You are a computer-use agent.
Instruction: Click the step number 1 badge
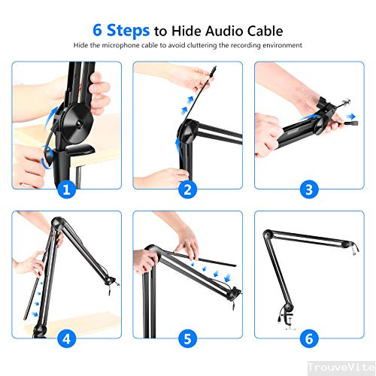(x=66, y=190)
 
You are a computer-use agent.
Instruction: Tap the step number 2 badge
(x=187, y=190)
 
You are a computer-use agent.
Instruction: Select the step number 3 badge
(x=308, y=190)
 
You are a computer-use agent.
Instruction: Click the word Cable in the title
(x=262, y=31)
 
